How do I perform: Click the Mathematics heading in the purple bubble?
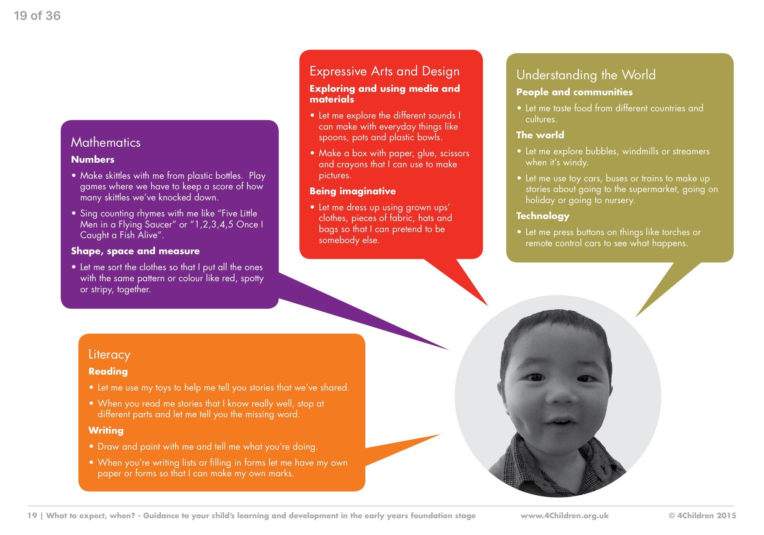tap(105, 143)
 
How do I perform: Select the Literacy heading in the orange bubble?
tap(109, 355)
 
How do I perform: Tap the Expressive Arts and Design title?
tap(384, 72)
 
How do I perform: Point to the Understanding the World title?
tap(586, 75)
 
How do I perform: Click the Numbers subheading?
tap(93, 159)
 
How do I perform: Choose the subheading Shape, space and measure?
tap(135, 251)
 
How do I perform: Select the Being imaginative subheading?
tap(353, 191)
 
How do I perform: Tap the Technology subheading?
tap(543, 216)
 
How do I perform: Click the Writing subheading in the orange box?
tap(106, 431)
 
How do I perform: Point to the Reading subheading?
tap(108, 372)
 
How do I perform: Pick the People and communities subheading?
tap(574, 92)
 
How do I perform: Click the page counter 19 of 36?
tap(37, 16)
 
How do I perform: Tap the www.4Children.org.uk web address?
tap(565, 516)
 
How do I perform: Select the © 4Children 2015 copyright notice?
tap(702, 516)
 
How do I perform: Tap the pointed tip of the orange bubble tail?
tap(440, 434)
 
